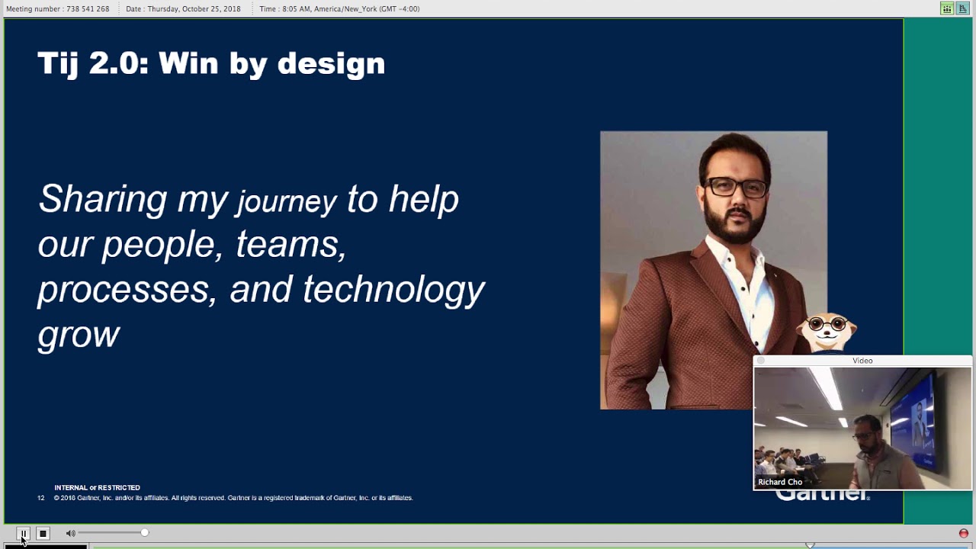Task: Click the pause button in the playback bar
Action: coord(23,534)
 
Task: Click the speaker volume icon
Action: coord(70,534)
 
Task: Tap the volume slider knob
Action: coord(144,533)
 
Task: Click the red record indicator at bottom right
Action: coord(964,534)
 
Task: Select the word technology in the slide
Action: coord(393,290)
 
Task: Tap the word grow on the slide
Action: coord(79,334)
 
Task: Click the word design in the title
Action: coord(331,63)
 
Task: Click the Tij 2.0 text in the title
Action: coord(93,63)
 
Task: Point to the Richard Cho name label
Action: coord(780,482)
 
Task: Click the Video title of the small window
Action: coord(862,361)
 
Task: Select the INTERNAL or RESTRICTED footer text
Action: coord(97,488)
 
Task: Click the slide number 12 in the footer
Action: coord(41,498)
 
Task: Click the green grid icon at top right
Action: coord(946,9)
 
